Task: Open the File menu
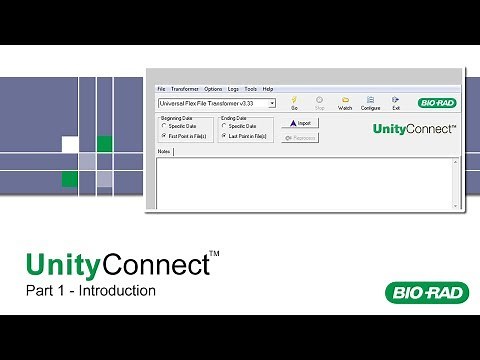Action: click(162, 89)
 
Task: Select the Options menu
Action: click(212, 89)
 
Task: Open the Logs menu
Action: click(233, 89)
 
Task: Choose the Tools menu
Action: click(250, 89)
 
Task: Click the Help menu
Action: click(267, 89)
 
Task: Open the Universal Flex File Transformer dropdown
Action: click(271, 103)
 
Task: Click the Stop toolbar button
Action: click(319, 102)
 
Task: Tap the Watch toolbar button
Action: click(345, 102)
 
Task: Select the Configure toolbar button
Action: click(371, 102)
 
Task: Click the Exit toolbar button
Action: click(396, 102)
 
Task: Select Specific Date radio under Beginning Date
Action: click(164, 126)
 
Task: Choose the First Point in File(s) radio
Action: click(164, 135)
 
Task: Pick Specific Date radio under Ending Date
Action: click(224, 126)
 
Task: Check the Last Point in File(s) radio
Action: click(224, 135)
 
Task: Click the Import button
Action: click(301, 123)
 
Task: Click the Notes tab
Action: click(165, 152)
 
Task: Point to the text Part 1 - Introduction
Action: click(91, 292)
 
